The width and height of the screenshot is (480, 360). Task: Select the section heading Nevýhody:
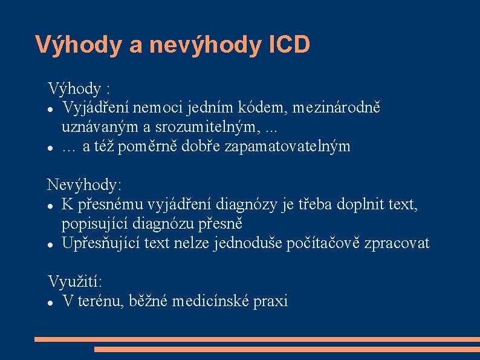[85, 184]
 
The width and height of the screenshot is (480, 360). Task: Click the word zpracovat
[398, 244]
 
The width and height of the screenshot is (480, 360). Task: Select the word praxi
[271, 301]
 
